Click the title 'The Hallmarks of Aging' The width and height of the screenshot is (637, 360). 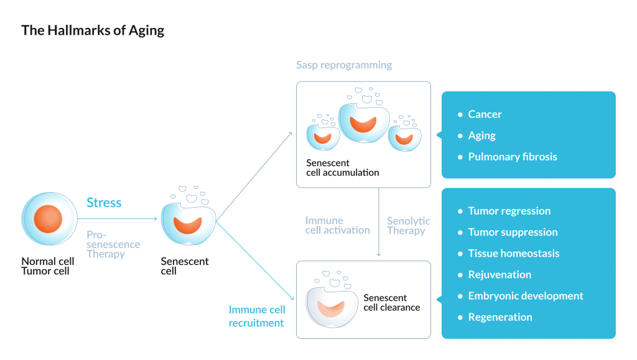pos(93,30)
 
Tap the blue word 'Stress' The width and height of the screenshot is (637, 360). pos(104,203)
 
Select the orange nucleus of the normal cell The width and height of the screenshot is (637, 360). pos(48,219)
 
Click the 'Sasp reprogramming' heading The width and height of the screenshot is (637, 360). pos(344,65)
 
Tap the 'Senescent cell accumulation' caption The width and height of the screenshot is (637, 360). pos(342,168)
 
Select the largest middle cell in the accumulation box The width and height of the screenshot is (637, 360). pos(364,122)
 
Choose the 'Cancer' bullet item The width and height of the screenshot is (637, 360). pos(485,114)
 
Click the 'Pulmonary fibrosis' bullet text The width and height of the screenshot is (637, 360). pos(512,157)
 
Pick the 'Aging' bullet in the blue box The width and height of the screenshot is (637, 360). pos(481,136)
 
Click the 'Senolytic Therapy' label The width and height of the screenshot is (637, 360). pos(408,226)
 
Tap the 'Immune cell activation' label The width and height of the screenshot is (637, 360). pos(337,226)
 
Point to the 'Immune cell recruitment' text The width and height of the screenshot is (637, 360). pos(257,316)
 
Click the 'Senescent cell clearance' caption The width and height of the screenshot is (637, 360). pos(391,303)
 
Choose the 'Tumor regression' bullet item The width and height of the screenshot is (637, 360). pos(509,211)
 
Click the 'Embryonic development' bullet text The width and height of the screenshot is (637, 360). pos(526,296)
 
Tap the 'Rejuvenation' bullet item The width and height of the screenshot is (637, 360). pos(500,275)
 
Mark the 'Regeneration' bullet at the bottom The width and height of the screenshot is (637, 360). pos(500,317)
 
